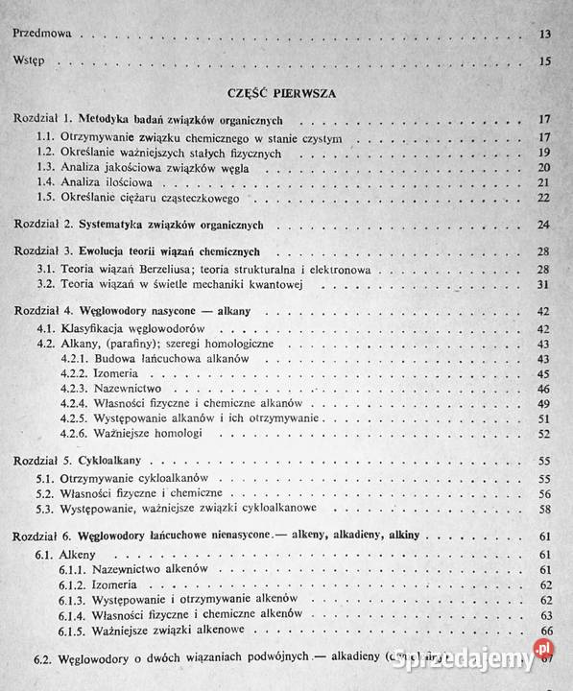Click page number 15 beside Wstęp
(x=544, y=64)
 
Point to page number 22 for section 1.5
(x=543, y=199)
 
